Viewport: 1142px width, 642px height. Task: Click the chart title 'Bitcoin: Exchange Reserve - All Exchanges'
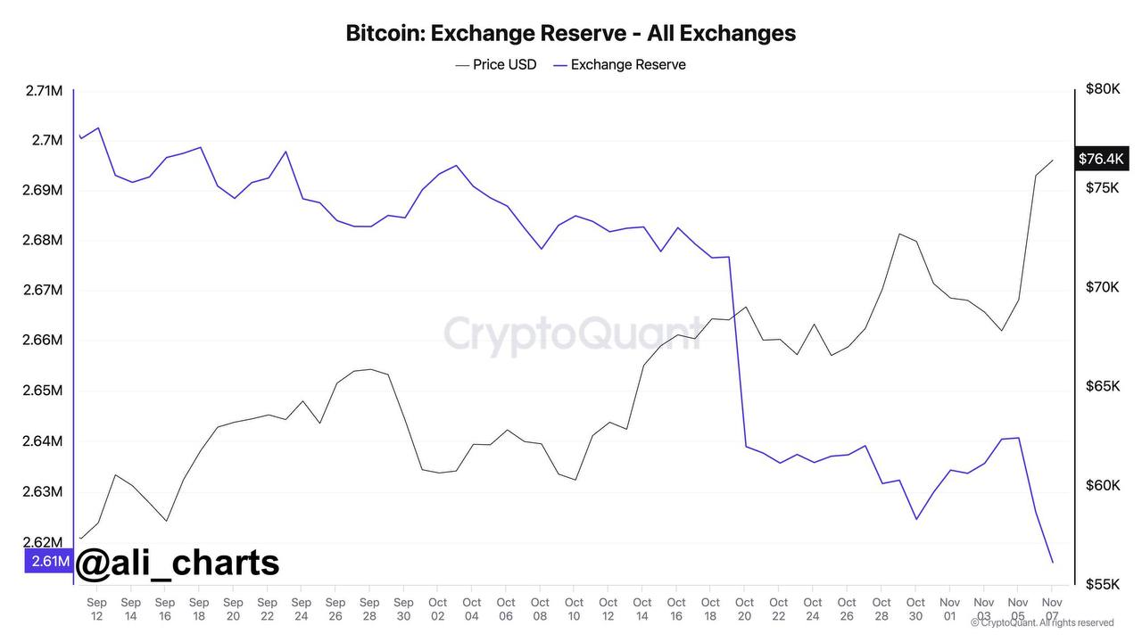(570, 34)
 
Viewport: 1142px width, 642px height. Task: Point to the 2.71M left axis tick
(43, 90)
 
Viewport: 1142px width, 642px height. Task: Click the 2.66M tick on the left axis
(43, 340)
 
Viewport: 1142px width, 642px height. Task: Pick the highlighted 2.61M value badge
(48, 561)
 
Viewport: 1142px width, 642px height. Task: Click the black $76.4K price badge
(1101, 159)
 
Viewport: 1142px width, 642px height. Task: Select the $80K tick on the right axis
(1103, 89)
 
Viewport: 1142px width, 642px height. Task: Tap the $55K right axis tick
(1103, 584)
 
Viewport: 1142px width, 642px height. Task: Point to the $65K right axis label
(1103, 386)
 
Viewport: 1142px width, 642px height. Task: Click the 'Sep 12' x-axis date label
(96, 609)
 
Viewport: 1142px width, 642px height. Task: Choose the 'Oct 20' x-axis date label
(744, 609)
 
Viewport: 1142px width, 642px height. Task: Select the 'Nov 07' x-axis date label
(1051, 609)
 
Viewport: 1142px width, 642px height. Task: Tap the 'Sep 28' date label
(369, 609)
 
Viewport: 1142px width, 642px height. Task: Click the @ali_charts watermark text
(178, 563)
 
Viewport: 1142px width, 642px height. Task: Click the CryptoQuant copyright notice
(1041, 622)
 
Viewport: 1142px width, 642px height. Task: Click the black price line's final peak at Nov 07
(1053, 160)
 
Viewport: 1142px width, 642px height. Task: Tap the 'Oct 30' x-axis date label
(915, 609)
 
